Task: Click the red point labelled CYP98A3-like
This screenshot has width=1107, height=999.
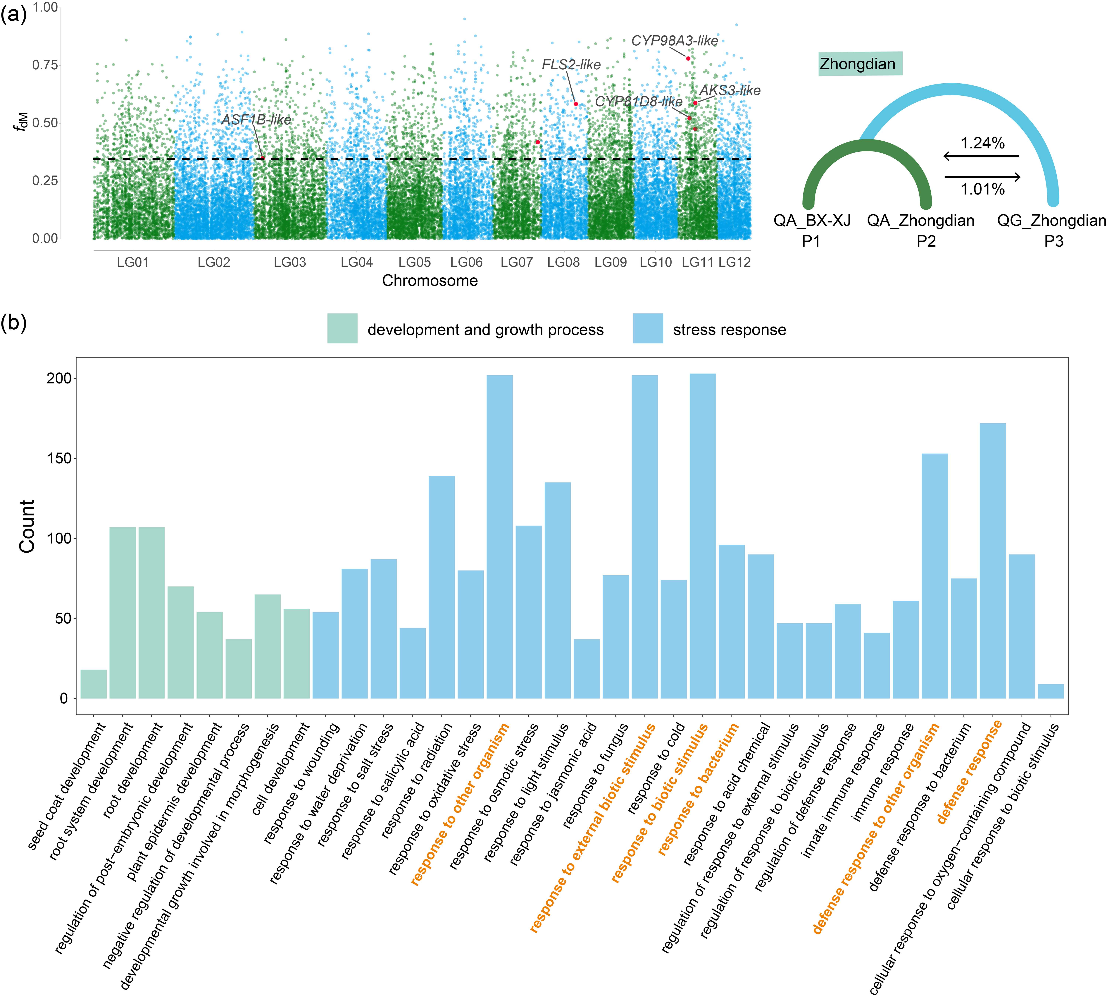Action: coord(688,58)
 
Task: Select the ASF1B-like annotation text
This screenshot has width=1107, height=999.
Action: coord(256,120)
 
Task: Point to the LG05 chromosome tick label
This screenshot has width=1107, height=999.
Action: coord(414,262)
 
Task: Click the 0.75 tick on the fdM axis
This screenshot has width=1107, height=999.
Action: coord(45,65)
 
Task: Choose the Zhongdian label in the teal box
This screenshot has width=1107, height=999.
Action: coord(857,64)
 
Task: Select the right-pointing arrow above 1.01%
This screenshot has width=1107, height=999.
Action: coord(982,177)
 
